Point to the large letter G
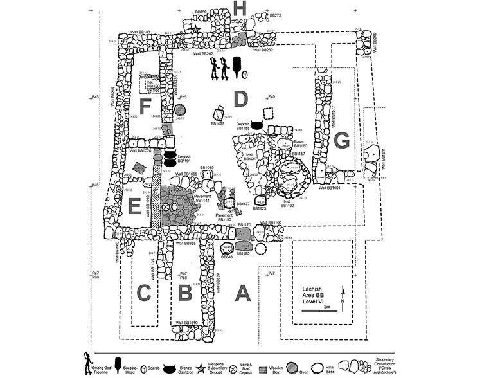tap(342, 139)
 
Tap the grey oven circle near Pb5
tap(179, 110)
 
